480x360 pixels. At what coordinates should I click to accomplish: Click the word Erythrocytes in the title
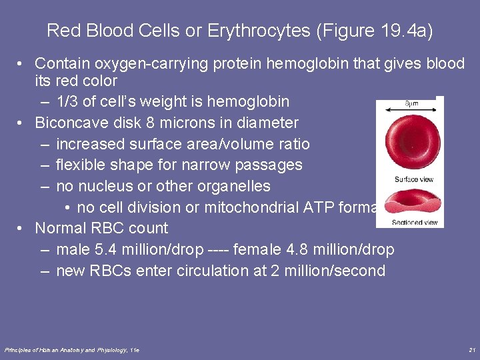point(251,31)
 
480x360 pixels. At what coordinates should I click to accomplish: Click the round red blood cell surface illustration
point(409,141)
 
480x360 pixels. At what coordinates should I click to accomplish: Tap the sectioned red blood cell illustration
point(413,202)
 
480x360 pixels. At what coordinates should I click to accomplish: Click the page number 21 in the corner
point(472,350)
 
